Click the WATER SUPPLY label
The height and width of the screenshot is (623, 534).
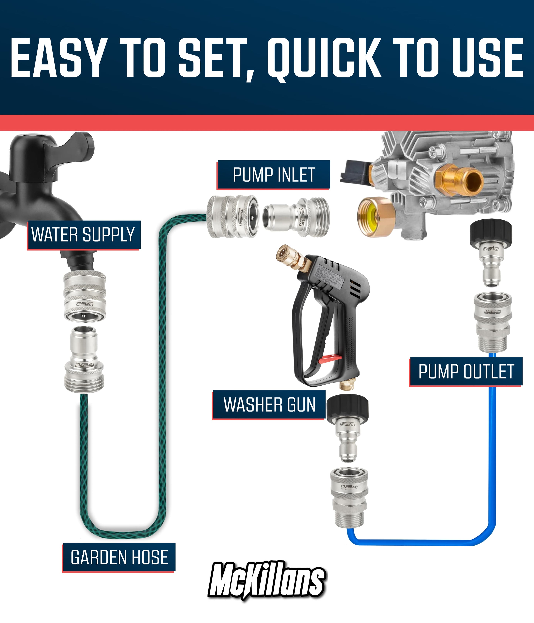coord(83,235)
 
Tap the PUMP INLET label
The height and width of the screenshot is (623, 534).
coord(273,175)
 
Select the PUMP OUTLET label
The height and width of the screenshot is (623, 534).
coord(466,372)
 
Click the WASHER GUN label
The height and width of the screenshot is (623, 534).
coord(269,405)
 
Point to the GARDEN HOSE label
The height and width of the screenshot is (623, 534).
coord(119,557)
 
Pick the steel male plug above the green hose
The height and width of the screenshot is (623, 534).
coord(84,360)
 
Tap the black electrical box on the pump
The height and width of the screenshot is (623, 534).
coord(355,172)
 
